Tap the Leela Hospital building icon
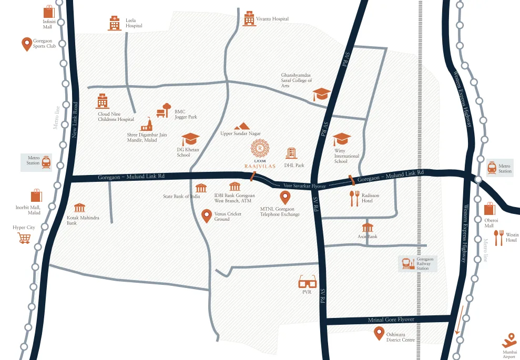click(114, 23)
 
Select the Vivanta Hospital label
click(272, 19)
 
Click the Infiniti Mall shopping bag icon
click(49, 12)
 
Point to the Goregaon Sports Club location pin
click(26, 44)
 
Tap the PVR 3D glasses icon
click(307, 283)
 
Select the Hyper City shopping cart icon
click(24, 238)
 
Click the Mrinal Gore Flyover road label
click(388, 320)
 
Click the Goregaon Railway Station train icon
click(407, 263)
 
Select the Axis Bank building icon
click(368, 228)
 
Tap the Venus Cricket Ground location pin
click(207, 215)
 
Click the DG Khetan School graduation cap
click(190, 139)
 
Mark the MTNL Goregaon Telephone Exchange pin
click(285, 198)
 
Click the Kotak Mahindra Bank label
click(79, 220)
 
